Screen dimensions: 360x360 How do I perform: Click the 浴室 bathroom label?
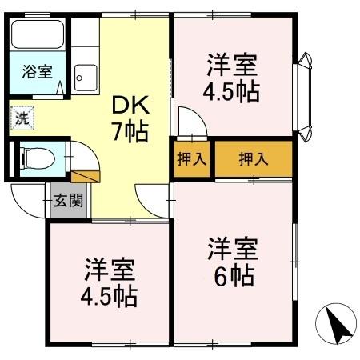(37, 71)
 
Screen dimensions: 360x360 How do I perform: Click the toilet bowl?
(34, 158)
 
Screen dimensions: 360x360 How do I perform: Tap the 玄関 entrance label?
(68, 200)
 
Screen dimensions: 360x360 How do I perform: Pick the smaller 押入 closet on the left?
(191, 158)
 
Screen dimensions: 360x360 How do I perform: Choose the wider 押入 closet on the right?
(253, 158)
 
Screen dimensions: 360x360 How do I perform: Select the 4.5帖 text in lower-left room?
(108, 297)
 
